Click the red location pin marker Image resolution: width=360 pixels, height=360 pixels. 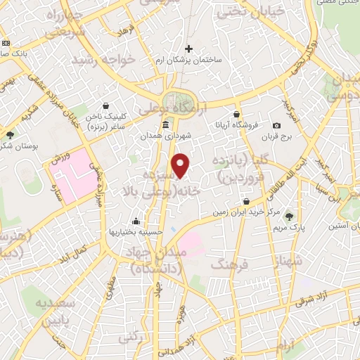click(x=181, y=167)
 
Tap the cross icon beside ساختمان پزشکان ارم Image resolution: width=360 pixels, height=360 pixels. click(x=188, y=49)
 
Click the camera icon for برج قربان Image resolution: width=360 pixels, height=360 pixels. click(x=277, y=126)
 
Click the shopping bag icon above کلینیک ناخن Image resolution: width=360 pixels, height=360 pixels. click(x=105, y=106)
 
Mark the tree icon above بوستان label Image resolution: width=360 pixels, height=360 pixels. click(x=9, y=135)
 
